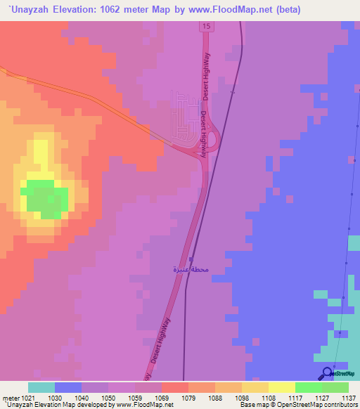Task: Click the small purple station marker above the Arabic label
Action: pyautogui.click(x=191, y=259)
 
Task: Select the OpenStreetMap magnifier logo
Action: pyautogui.click(x=327, y=373)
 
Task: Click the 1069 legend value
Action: pyautogui.click(x=162, y=397)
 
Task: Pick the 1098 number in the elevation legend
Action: pyautogui.click(x=242, y=397)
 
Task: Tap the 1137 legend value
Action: pyautogui.click(x=348, y=397)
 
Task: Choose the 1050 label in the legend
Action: pyautogui.click(x=108, y=397)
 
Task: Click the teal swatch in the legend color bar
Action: pyautogui.click(x=41, y=387)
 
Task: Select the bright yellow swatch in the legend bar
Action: pyautogui.click(x=282, y=387)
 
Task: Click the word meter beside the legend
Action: pyautogui.click(x=9, y=397)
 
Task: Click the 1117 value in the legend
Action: pyautogui.click(x=295, y=397)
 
